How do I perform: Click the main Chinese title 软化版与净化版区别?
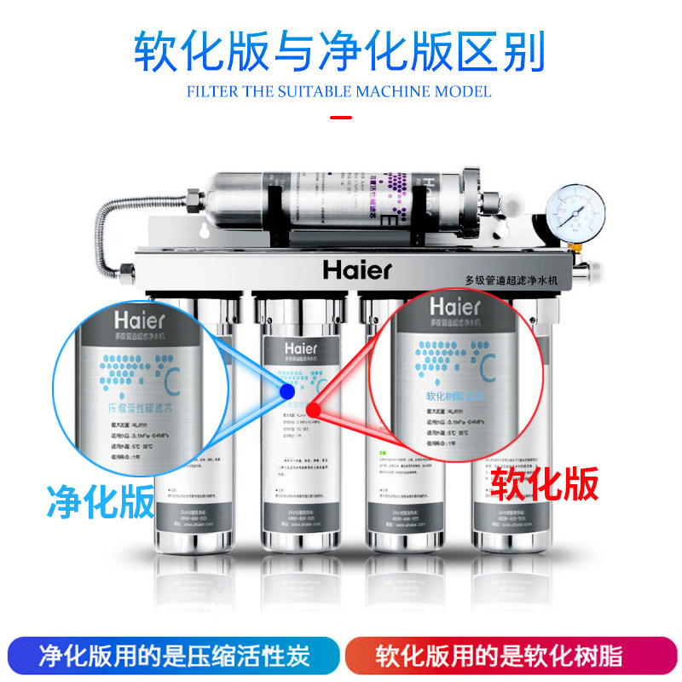click(339, 53)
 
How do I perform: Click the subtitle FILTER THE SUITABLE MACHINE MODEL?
click(339, 91)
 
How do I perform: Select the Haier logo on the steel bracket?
click(357, 269)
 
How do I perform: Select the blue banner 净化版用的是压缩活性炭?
click(176, 656)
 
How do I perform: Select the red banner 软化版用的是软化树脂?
click(509, 656)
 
